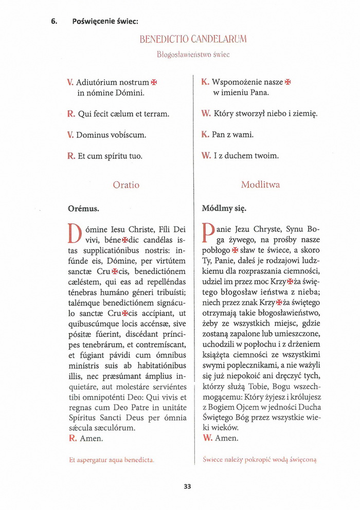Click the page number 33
coord(187,486)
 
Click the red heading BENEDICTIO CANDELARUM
coord(193,39)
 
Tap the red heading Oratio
coord(126,185)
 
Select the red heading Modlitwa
coord(260,185)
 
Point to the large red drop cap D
coord(75,233)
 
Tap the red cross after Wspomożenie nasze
coord(288,82)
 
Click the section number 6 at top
coord(53,21)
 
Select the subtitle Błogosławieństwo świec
coord(193,54)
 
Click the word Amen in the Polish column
coord(227,438)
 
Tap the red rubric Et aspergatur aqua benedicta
coord(112,460)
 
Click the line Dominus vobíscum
coord(111,135)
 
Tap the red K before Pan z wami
coord(205,135)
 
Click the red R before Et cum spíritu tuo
coord(71,155)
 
